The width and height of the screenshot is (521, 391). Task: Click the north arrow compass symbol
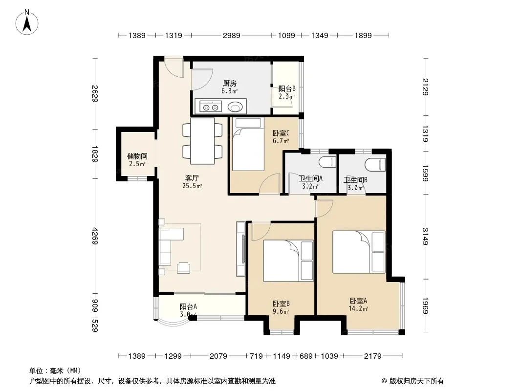(27, 22)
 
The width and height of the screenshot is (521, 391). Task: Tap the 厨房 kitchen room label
(230, 84)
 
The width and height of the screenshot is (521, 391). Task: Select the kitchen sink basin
(236, 107)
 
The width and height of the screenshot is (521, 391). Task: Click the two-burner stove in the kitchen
(211, 107)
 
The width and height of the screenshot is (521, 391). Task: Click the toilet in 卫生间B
(375, 164)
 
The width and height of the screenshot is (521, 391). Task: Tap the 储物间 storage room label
(137, 156)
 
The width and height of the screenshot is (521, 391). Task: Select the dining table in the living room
(202, 141)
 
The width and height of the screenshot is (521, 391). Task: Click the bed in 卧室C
(248, 144)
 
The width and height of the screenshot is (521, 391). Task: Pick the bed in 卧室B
(288, 261)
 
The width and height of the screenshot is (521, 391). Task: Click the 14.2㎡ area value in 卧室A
(358, 308)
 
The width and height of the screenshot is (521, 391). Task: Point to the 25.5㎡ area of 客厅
(192, 186)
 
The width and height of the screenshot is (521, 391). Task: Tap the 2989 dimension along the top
(232, 35)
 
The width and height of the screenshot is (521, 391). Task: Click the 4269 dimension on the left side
(95, 236)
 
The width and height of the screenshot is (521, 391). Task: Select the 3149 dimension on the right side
(425, 236)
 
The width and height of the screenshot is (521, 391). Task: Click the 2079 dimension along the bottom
(218, 356)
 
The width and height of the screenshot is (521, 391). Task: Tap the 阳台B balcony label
(287, 88)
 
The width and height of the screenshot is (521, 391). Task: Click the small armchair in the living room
(183, 267)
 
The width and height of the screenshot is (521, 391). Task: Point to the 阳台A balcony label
(188, 306)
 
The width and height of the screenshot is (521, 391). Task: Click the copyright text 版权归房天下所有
(416, 381)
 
